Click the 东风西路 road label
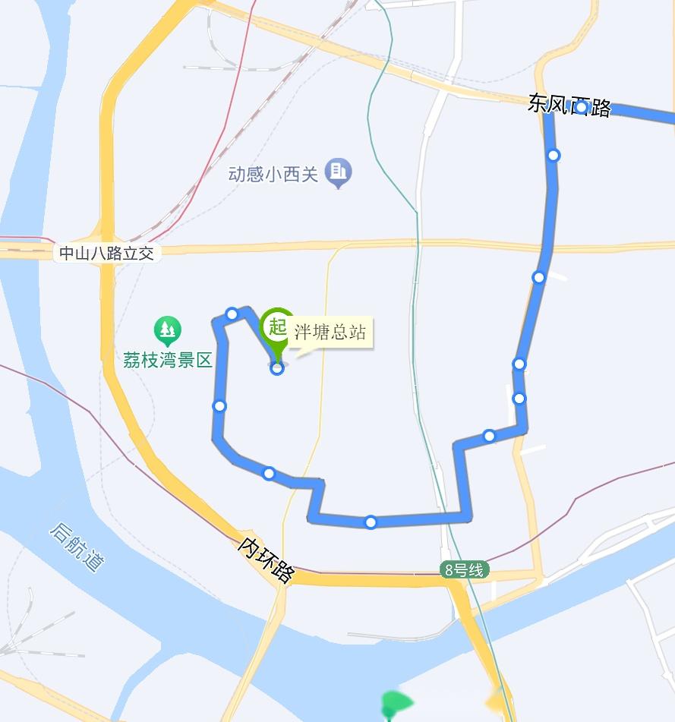click(x=569, y=106)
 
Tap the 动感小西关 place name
click(x=273, y=174)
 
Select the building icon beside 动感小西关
click(x=339, y=173)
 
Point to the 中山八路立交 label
click(x=107, y=254)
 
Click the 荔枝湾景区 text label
click(x=167, y=360)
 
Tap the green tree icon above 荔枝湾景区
click(x=167, y=330)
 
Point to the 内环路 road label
click(x=265, y=560)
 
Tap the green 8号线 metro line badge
click(x=464, y=570)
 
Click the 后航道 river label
click(x=77, y=547)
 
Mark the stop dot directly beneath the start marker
click(x=277, y=368)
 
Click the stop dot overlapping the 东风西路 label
click(x=581, y=108)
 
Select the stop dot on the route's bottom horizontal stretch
click(x=371, y=522)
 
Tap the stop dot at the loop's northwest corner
click(x=232, y=314)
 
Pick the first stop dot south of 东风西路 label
click(x=554, y=156)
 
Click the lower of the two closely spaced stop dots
click(x=519, y=399)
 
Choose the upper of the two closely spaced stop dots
click(x=519, y=364)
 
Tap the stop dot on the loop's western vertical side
click(x=219, y=406)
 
